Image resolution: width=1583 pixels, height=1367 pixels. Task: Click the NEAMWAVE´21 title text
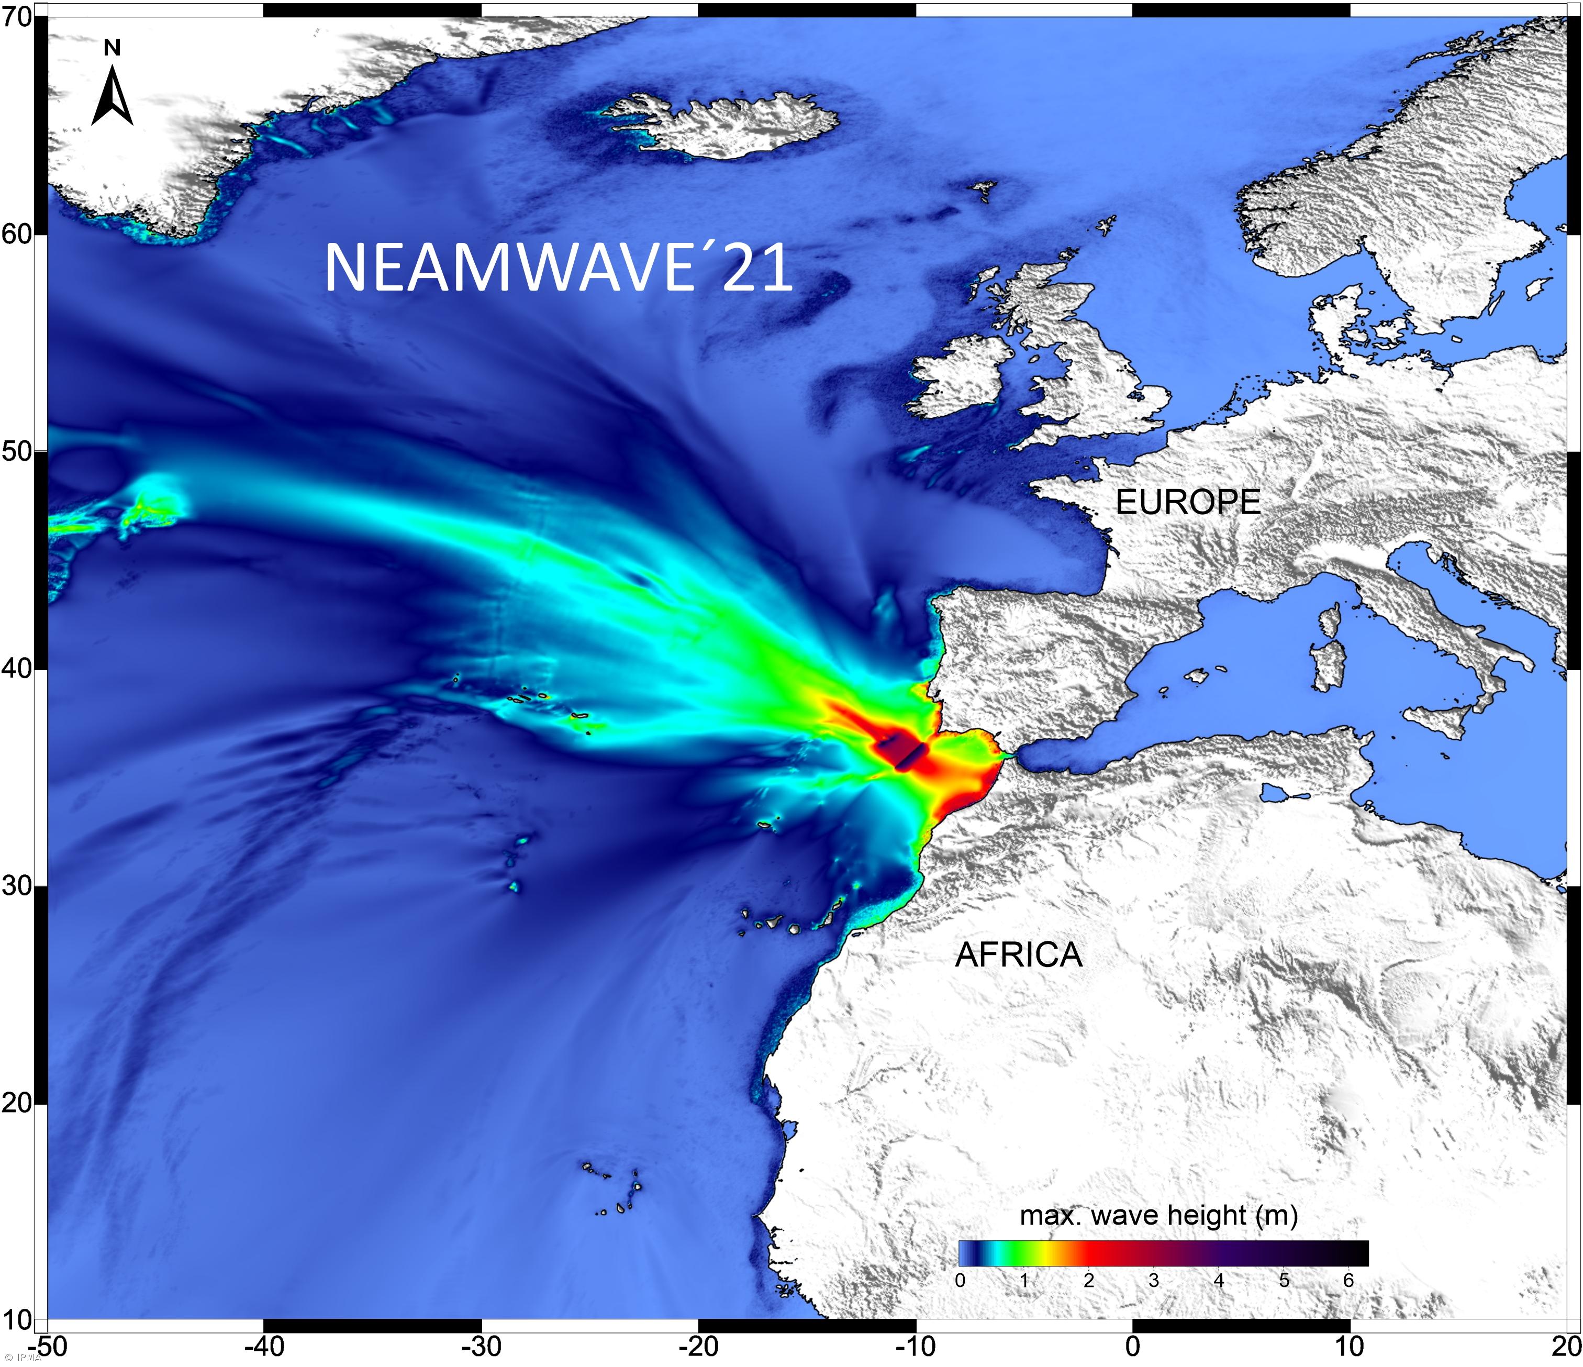(558, 268)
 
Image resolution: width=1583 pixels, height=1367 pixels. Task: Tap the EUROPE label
(1188, 502)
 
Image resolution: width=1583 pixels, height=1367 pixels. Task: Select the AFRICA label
(1018, 955)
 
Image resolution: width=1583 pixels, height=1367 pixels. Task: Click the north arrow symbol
(113, 95)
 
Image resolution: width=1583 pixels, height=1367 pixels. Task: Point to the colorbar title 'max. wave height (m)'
(1158, 1215)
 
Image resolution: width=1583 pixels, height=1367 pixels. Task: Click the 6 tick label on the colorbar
(1348, 1280)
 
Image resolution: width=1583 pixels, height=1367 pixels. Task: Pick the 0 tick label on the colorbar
(961, 1280)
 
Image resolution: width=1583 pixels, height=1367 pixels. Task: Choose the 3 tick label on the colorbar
(1154, 1280)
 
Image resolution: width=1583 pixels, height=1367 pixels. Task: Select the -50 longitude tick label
(47, 1347)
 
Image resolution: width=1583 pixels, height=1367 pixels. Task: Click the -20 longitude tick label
(698, 1347)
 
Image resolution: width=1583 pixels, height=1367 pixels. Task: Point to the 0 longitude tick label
(1132, 1347)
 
